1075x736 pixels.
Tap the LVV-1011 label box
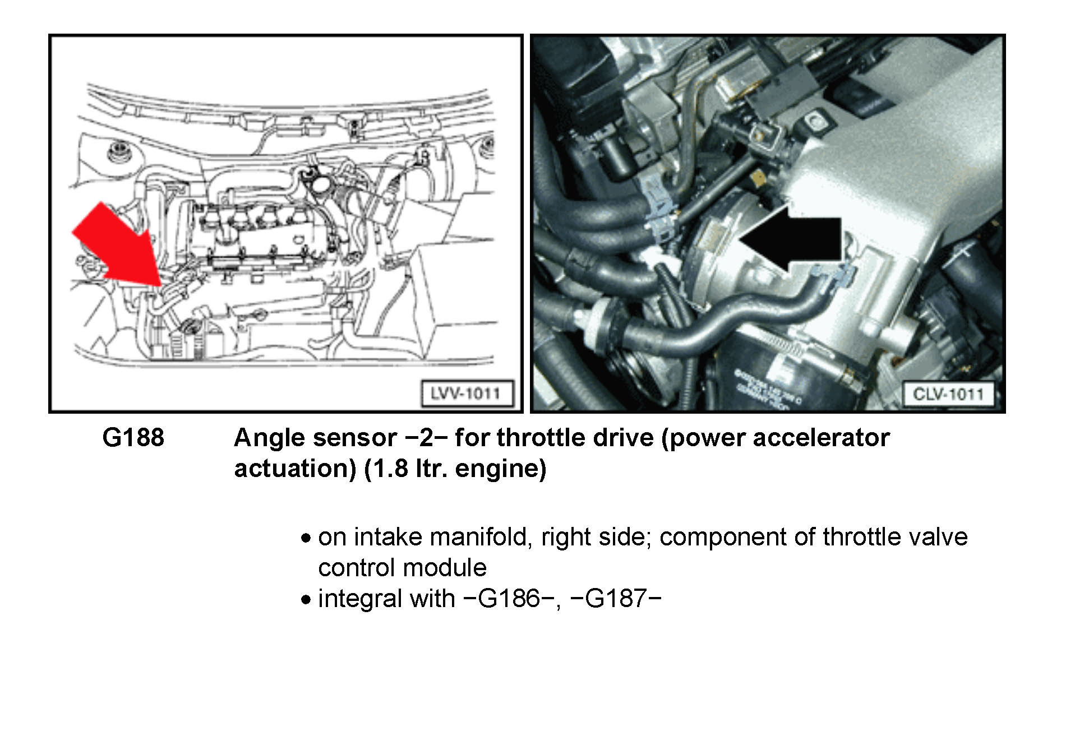pyautogui.click(x=467, y=393)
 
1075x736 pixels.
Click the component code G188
pyautogui.click(x=133, y=438)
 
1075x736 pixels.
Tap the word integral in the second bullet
pyautogui.click(x=359, y=599)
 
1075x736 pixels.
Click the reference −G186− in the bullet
pyautogui.click(x=509, y=599)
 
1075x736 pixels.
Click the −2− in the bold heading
pyautogui.click(x=426, y=438)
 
